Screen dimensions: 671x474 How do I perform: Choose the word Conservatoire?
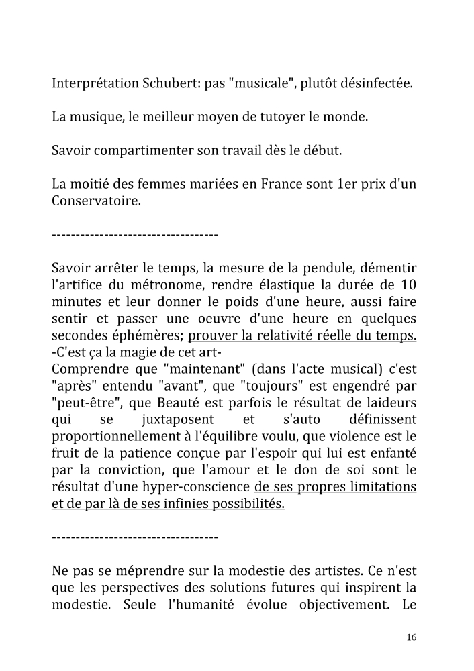(96, 199)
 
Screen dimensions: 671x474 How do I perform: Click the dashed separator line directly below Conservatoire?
(134, 235)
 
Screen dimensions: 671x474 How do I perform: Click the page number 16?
(411, 637)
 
